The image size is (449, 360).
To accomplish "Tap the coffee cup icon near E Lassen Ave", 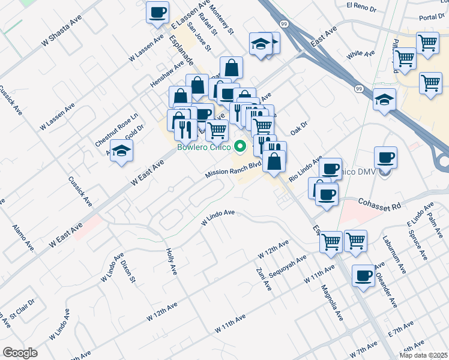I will point(158,12).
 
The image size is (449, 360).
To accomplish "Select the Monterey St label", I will point(221,22).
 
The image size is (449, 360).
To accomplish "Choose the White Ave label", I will point(361,54).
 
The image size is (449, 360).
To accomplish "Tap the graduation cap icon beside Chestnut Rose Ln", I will point(122,151).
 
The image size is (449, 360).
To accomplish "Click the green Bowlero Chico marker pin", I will point(241,146).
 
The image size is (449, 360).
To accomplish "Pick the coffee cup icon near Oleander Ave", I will point(363,275).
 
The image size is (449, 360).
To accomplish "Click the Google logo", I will point(19,353).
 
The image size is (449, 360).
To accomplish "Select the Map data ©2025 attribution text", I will point(423,355).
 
